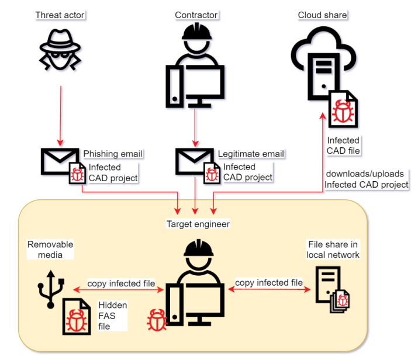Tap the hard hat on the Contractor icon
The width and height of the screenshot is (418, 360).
pyautogui.click(x=196, y=31)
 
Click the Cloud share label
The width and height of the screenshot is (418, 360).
pyautogui.click(x=322, y=15)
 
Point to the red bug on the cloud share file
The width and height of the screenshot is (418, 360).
pyautogui.click(x=342, y=109)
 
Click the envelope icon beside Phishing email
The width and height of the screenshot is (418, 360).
pyautogui.click(x=59, y=161)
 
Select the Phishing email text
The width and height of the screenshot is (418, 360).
pyautogui.click(x=113, y=154)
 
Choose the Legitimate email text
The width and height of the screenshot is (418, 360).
pyautogui.click(x=251, y=154)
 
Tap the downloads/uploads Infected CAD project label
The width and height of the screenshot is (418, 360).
pyautogui.click(x=367, y=179)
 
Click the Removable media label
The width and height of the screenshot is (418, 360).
pyautogui.click(x=51, y=250)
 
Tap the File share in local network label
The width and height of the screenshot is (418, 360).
pyautogui.click(x=333, y=250)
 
